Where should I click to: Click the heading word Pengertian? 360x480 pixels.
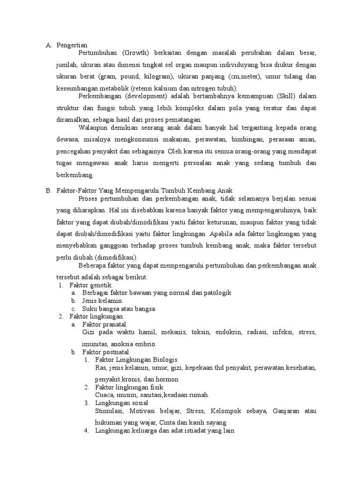coord(71,45)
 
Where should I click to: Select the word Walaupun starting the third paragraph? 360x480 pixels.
coord(94,127)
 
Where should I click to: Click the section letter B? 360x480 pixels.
coord(48,190)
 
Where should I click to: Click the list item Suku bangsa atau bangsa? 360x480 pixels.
coord(118,309)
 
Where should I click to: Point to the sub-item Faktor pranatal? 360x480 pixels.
coord(104,324)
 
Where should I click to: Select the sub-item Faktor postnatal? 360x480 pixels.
coord(105,352)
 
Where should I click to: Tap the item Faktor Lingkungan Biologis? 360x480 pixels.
coord(136,360)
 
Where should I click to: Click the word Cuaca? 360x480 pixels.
coord(104,395)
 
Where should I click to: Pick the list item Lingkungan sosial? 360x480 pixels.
coord(121,403)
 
